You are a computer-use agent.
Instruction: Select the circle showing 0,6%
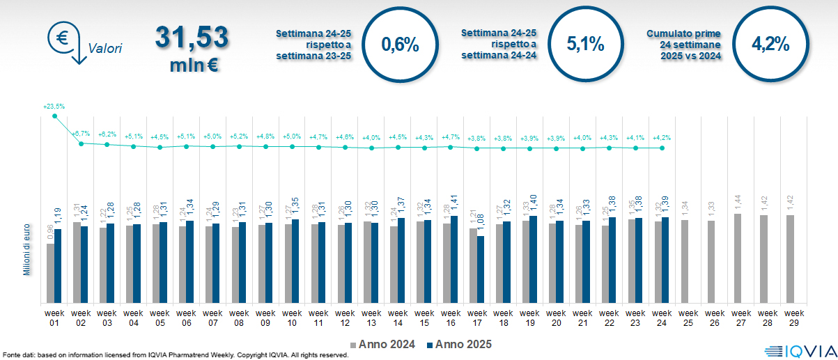click(401, 45)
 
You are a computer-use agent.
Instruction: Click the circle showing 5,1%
click(585, 45)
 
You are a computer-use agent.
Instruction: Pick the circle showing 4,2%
click(770, 45)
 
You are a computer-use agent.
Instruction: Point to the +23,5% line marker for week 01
click(54, 116)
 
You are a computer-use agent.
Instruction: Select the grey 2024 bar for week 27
click(737, 258)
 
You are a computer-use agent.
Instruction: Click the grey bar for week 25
click(684, 262)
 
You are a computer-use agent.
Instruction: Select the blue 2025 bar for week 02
click(84, 265)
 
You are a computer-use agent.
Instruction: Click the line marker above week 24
click(662, 148)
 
